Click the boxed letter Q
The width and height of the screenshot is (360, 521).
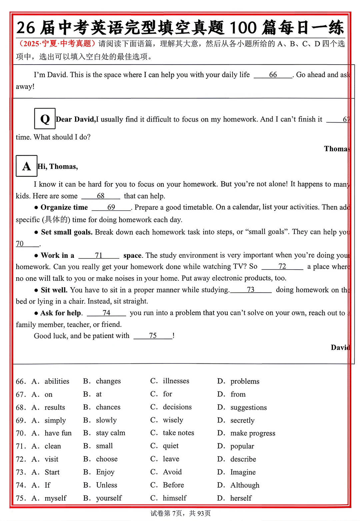click(45, 119)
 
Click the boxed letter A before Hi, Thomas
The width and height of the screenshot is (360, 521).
click(26, 166)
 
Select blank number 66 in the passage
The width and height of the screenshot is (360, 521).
click(273, 75)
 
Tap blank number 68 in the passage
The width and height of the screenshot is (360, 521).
click(100, 196)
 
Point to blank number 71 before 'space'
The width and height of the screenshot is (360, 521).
click(99, 256)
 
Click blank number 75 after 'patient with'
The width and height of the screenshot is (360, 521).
click(153, 336)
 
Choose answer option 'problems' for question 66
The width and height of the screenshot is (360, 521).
click(245, 381)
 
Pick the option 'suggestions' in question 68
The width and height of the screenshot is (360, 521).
click(248, 407)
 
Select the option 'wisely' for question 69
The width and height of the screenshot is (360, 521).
click(173, 420)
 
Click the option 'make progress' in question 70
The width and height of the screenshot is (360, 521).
click(253, 433)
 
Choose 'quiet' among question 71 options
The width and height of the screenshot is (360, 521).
click(171, 446)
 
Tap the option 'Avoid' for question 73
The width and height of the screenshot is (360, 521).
click(172, 472)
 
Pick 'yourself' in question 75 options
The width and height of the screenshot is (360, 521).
click(109, 498)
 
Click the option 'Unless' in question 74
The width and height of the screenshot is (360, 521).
click(107, 485)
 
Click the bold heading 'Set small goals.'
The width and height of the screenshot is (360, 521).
click(67, 232)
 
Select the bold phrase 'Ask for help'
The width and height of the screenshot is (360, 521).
click(61, 313)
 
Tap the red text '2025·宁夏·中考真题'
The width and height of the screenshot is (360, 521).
click(57, 44)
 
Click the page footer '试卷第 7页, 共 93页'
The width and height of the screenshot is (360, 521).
click(180, 513)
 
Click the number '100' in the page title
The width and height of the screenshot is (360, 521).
click(243, 28)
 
